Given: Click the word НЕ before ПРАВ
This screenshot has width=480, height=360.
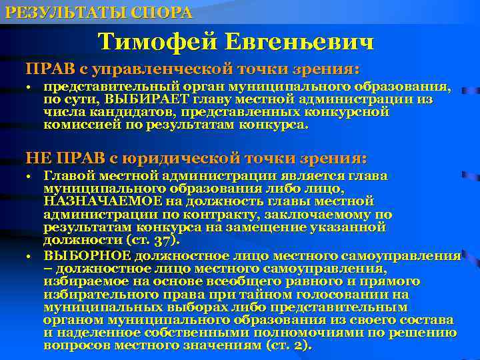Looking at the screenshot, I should tap(39, 158).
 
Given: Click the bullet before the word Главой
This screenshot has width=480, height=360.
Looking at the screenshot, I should tap(29, 177).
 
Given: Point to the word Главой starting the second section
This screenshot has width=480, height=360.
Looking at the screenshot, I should tap(67, 175).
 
